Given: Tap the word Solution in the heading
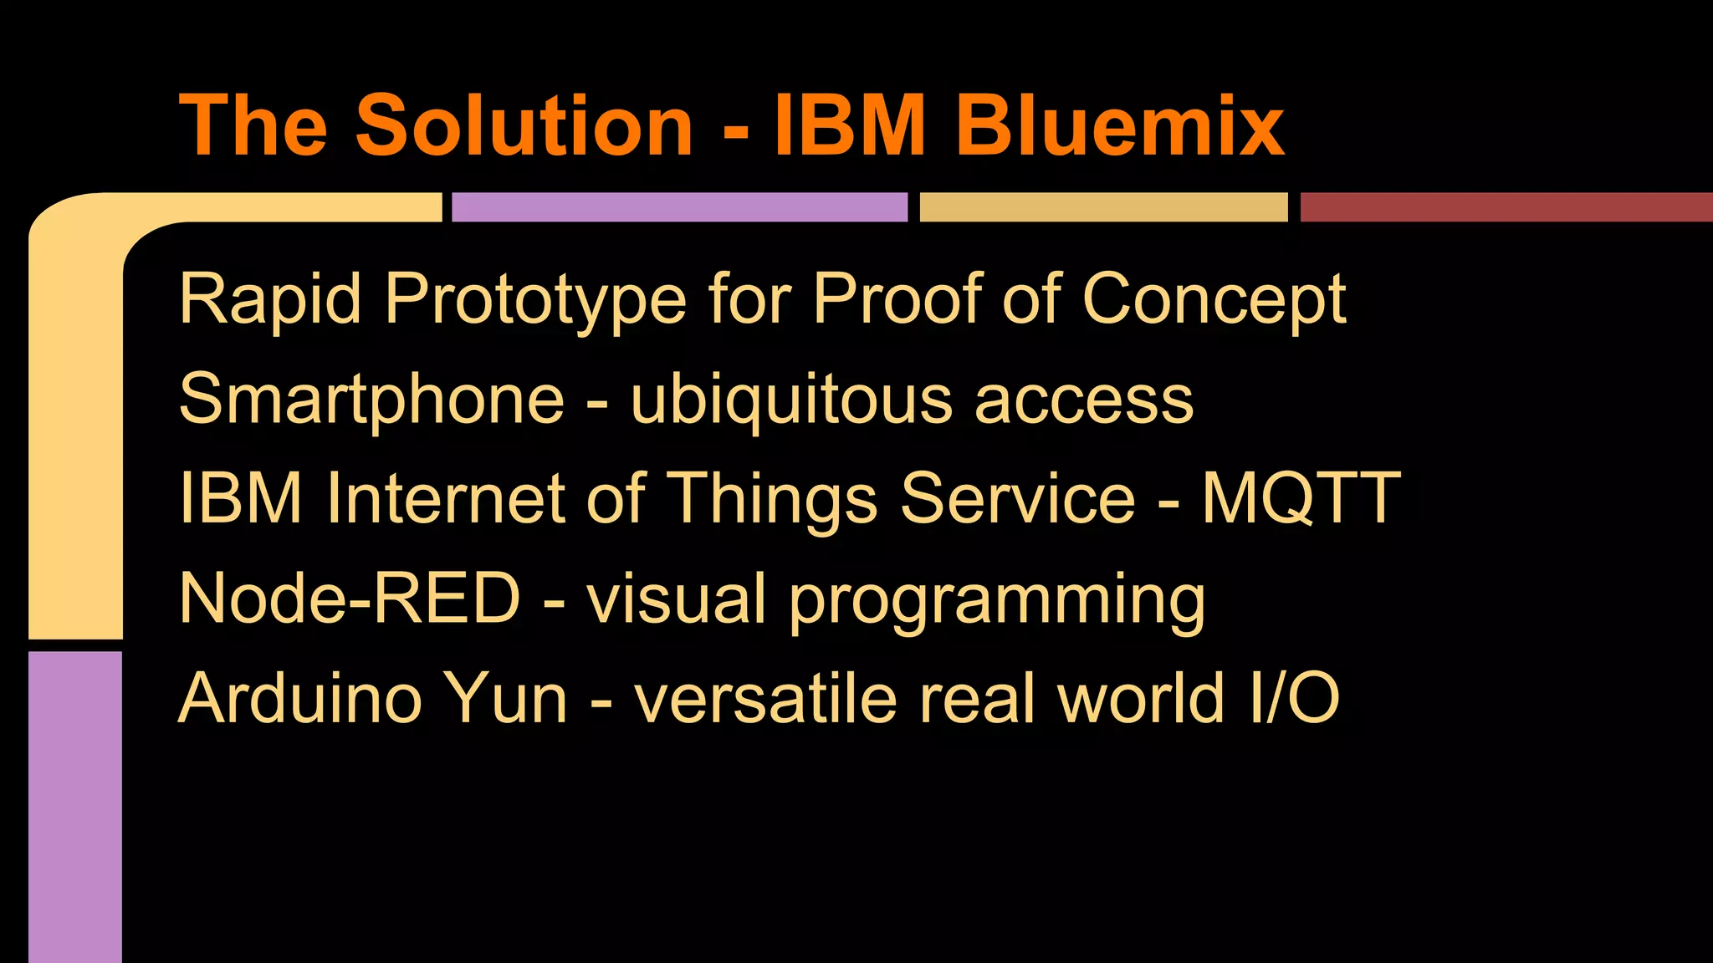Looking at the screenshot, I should pyautogui.click(x=524, y=125).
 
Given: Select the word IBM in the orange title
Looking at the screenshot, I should pyautogui.click(x=850, y=125).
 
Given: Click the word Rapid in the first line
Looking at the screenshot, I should pyautogui.click(x=270, y=298).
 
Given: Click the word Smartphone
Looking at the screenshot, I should pyautogui.click(x=372, y=400).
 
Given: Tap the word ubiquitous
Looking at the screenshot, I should pyautogui.click(x=791, y=400).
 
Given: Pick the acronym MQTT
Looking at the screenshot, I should pyautogui.click(x=1301, y=499).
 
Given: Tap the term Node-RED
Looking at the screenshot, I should pyautogui.click(x=350, y=599).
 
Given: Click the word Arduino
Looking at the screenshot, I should pyautogui.click(x=300, y=698).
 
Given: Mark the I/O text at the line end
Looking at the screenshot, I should pyautogui.click(x=1294, y=698).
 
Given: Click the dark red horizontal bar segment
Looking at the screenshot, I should pyautogui.click(x=1506, y=207).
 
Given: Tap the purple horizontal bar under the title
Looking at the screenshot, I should pyautogui.click(x=679, y=207).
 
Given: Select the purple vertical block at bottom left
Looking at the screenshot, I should pyautogui.click(x=75, y=807).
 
